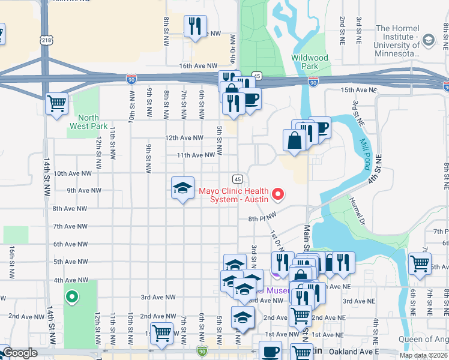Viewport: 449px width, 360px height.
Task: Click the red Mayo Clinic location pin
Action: click(278, 194)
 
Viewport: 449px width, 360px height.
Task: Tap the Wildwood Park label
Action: click(310, 61)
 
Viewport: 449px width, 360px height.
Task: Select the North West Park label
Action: click(88, 122)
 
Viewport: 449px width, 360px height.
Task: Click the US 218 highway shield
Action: click(46, 40)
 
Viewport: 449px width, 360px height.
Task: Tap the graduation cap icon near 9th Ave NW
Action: click(182, 189)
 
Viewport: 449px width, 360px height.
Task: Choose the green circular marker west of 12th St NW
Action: click(72, 296)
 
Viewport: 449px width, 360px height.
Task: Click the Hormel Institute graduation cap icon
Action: click(428, 40)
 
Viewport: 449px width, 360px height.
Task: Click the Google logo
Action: click(20, 353)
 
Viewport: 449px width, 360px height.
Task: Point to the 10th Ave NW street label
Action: click(73, 173)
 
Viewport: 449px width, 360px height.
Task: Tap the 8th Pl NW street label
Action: click(263, 217)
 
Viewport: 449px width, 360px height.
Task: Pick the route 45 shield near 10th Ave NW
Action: click(238, 179)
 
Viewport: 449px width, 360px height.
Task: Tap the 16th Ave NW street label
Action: click(197, 65)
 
